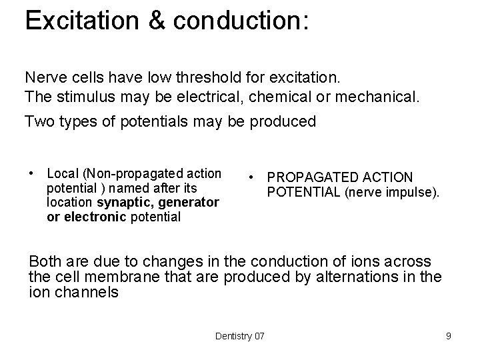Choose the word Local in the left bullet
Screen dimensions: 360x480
pos(63,174)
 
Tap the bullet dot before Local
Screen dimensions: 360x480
pos(31,173)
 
